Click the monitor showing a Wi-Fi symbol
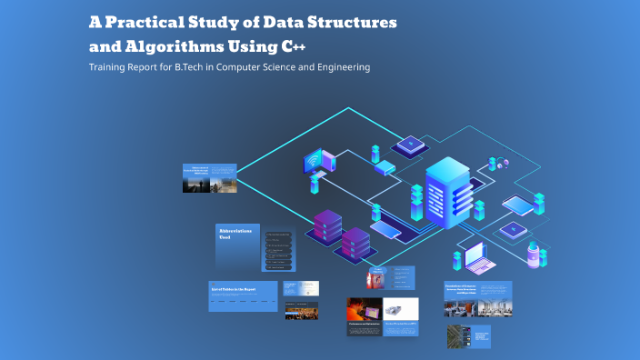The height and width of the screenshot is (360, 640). click(315, 163)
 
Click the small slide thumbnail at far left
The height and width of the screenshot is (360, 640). click(209, 178)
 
